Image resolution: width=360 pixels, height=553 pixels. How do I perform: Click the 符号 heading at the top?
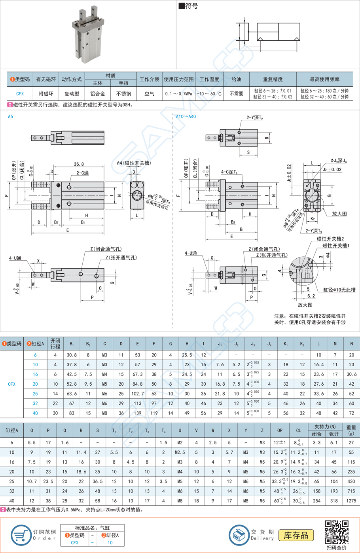click(189, 6)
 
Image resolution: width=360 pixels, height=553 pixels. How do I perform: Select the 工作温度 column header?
click(209, 79)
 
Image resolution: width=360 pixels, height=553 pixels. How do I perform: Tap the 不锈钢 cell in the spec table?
click(123, 94)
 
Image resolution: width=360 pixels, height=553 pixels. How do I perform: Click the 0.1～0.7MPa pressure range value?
click(178, 94)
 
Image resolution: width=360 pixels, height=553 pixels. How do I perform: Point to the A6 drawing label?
click(10, 117)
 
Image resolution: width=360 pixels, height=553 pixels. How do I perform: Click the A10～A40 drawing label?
click(186, 117)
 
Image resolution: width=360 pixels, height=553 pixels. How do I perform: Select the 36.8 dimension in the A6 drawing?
click(78, 164)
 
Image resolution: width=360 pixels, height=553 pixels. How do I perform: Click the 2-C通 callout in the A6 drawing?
click(82, 173)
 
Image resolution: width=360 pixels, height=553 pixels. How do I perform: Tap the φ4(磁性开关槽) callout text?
click(134, 163)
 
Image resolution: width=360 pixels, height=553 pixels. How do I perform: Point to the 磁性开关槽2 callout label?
click(330, 239)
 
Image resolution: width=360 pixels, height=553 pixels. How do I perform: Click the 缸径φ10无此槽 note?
click(339, 290)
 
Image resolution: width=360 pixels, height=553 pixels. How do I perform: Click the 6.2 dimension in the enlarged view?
click(311, 296)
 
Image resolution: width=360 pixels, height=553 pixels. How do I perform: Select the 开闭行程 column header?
click(55, 343)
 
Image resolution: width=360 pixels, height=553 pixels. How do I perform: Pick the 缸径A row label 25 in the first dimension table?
click(35, 394)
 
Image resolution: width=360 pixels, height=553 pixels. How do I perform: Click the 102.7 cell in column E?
click(137, 394)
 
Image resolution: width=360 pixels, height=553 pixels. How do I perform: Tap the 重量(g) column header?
click(351, 430)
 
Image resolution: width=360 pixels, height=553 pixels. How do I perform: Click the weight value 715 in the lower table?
click(351, 491)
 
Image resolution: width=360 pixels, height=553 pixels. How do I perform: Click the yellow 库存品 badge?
click(296, 535)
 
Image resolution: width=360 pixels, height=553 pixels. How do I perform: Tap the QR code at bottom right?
click(336, 532)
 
